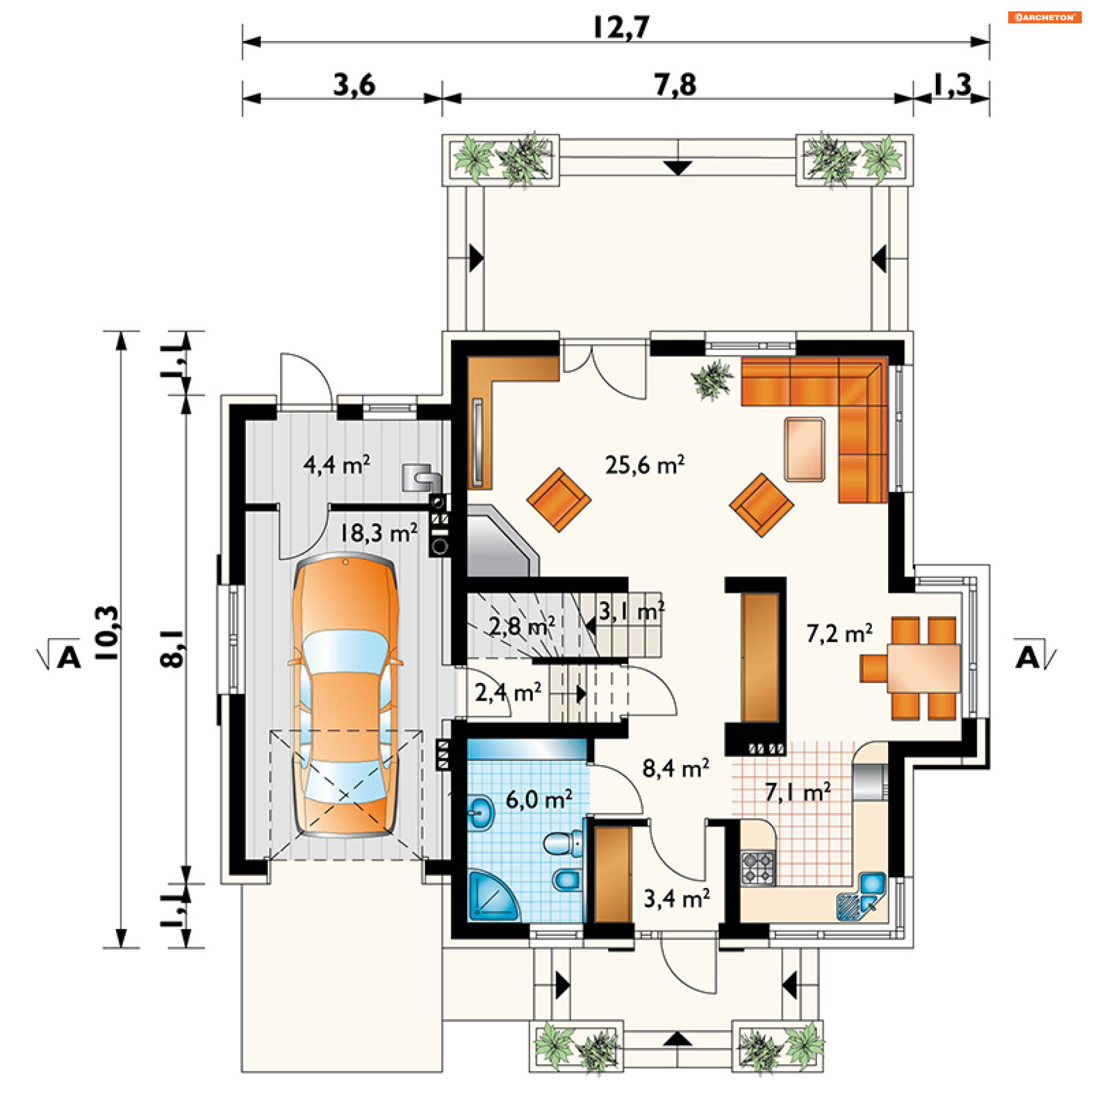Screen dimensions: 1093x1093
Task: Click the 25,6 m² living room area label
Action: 644,465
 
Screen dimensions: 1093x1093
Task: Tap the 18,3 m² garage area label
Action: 379,533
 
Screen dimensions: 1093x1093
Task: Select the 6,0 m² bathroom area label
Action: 539,799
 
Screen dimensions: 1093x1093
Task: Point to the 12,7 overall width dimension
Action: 621,27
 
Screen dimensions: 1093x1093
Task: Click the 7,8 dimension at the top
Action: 675,85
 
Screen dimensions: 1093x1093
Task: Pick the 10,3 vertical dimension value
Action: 108,632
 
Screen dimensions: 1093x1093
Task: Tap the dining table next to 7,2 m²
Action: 923,667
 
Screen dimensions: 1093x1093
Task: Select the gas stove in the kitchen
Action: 758,868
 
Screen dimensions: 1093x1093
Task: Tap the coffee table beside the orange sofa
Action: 804,449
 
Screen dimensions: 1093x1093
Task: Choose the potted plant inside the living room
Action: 712,379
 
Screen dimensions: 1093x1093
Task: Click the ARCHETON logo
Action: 1045,17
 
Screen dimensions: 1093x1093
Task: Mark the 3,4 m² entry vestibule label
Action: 676,898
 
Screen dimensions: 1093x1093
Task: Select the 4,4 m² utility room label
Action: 336,465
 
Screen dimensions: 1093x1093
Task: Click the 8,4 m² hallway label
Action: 676,768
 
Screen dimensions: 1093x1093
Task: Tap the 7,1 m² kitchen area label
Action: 798,792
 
